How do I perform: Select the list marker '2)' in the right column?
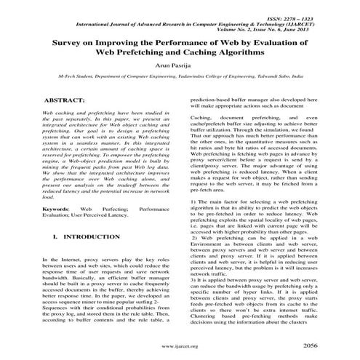[194, 238]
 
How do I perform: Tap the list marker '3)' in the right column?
[193, 280]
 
